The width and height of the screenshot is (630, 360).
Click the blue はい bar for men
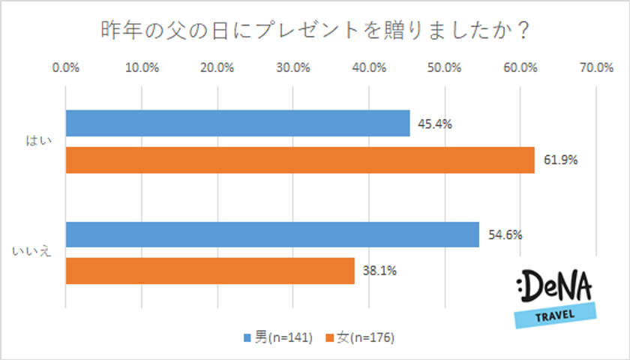coord(238,124)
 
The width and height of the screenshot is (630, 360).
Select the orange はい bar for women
coord(300,160)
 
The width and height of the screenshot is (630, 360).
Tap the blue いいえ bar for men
coord(272,235)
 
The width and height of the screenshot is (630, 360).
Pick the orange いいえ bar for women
coord(210,271)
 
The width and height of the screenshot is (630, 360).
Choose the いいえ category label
coord(32,253)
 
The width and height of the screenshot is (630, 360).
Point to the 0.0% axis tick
coord(66,67)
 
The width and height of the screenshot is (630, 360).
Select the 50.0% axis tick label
coord(444,67)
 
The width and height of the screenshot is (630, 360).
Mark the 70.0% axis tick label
coord(595,67)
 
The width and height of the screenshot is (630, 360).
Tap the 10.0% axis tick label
coord(142,67)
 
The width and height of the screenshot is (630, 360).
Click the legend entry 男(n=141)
coord(277,337)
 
